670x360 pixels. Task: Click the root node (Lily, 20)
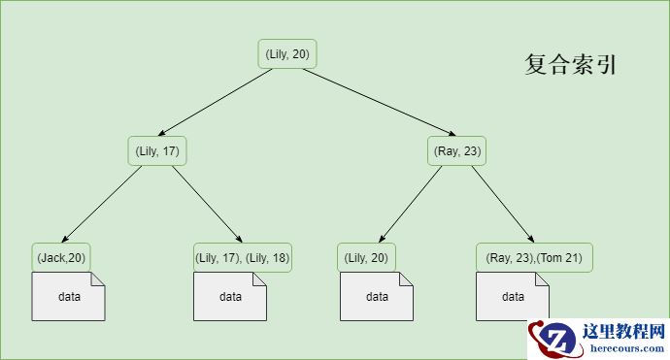coord(287,54)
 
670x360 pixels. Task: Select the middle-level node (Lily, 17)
coord(156,150)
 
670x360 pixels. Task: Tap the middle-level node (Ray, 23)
coord(455,150)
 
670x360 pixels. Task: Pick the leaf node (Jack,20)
coord(61,257)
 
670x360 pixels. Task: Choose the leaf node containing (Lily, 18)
coord(243,257)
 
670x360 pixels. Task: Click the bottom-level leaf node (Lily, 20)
coord(366,257)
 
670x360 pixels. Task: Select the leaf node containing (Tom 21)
coord(534,257)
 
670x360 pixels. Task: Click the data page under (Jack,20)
coord(68,296)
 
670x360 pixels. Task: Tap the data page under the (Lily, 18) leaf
coord(230,296)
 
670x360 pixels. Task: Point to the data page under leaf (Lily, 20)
coord(377,296)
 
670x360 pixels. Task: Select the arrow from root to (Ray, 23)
coord(374,103)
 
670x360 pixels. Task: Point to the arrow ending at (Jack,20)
coord(100,204)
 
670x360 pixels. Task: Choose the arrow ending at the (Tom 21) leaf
coord(503,204)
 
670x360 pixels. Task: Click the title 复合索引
coord(571,65)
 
